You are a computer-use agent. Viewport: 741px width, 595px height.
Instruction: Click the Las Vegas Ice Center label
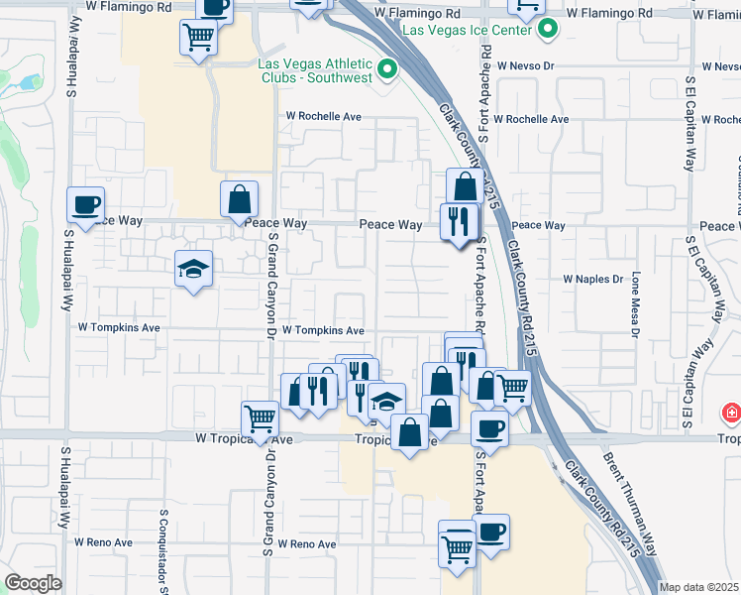[x=470, y=30]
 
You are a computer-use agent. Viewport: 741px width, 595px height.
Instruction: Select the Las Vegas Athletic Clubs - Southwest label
[x=315, y=71]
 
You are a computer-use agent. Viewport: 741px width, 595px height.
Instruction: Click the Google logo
[x=33, y=583]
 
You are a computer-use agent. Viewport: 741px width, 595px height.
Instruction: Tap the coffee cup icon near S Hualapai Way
[x=85, y=204]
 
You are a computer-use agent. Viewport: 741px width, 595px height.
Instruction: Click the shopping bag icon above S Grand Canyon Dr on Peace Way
[x=240, y=198]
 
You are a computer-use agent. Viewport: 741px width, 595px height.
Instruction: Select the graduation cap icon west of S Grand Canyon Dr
[x=194, y=268]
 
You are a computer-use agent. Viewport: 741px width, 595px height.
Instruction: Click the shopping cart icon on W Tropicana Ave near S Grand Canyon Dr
[x=260, y=417]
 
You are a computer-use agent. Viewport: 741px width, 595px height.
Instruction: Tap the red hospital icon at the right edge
[x=731, y=412]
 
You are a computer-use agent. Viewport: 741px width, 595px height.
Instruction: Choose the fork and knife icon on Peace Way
[x=458, y=220]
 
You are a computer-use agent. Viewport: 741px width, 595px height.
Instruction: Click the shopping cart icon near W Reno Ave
[x=457, y=542]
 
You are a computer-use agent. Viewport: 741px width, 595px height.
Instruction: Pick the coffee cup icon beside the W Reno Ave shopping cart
[x=491, y=531]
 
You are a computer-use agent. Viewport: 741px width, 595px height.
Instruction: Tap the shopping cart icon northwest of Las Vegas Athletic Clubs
[x=198, y=38]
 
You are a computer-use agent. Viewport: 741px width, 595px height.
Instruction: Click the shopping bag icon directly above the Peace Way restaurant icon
[x=464, y=186]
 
